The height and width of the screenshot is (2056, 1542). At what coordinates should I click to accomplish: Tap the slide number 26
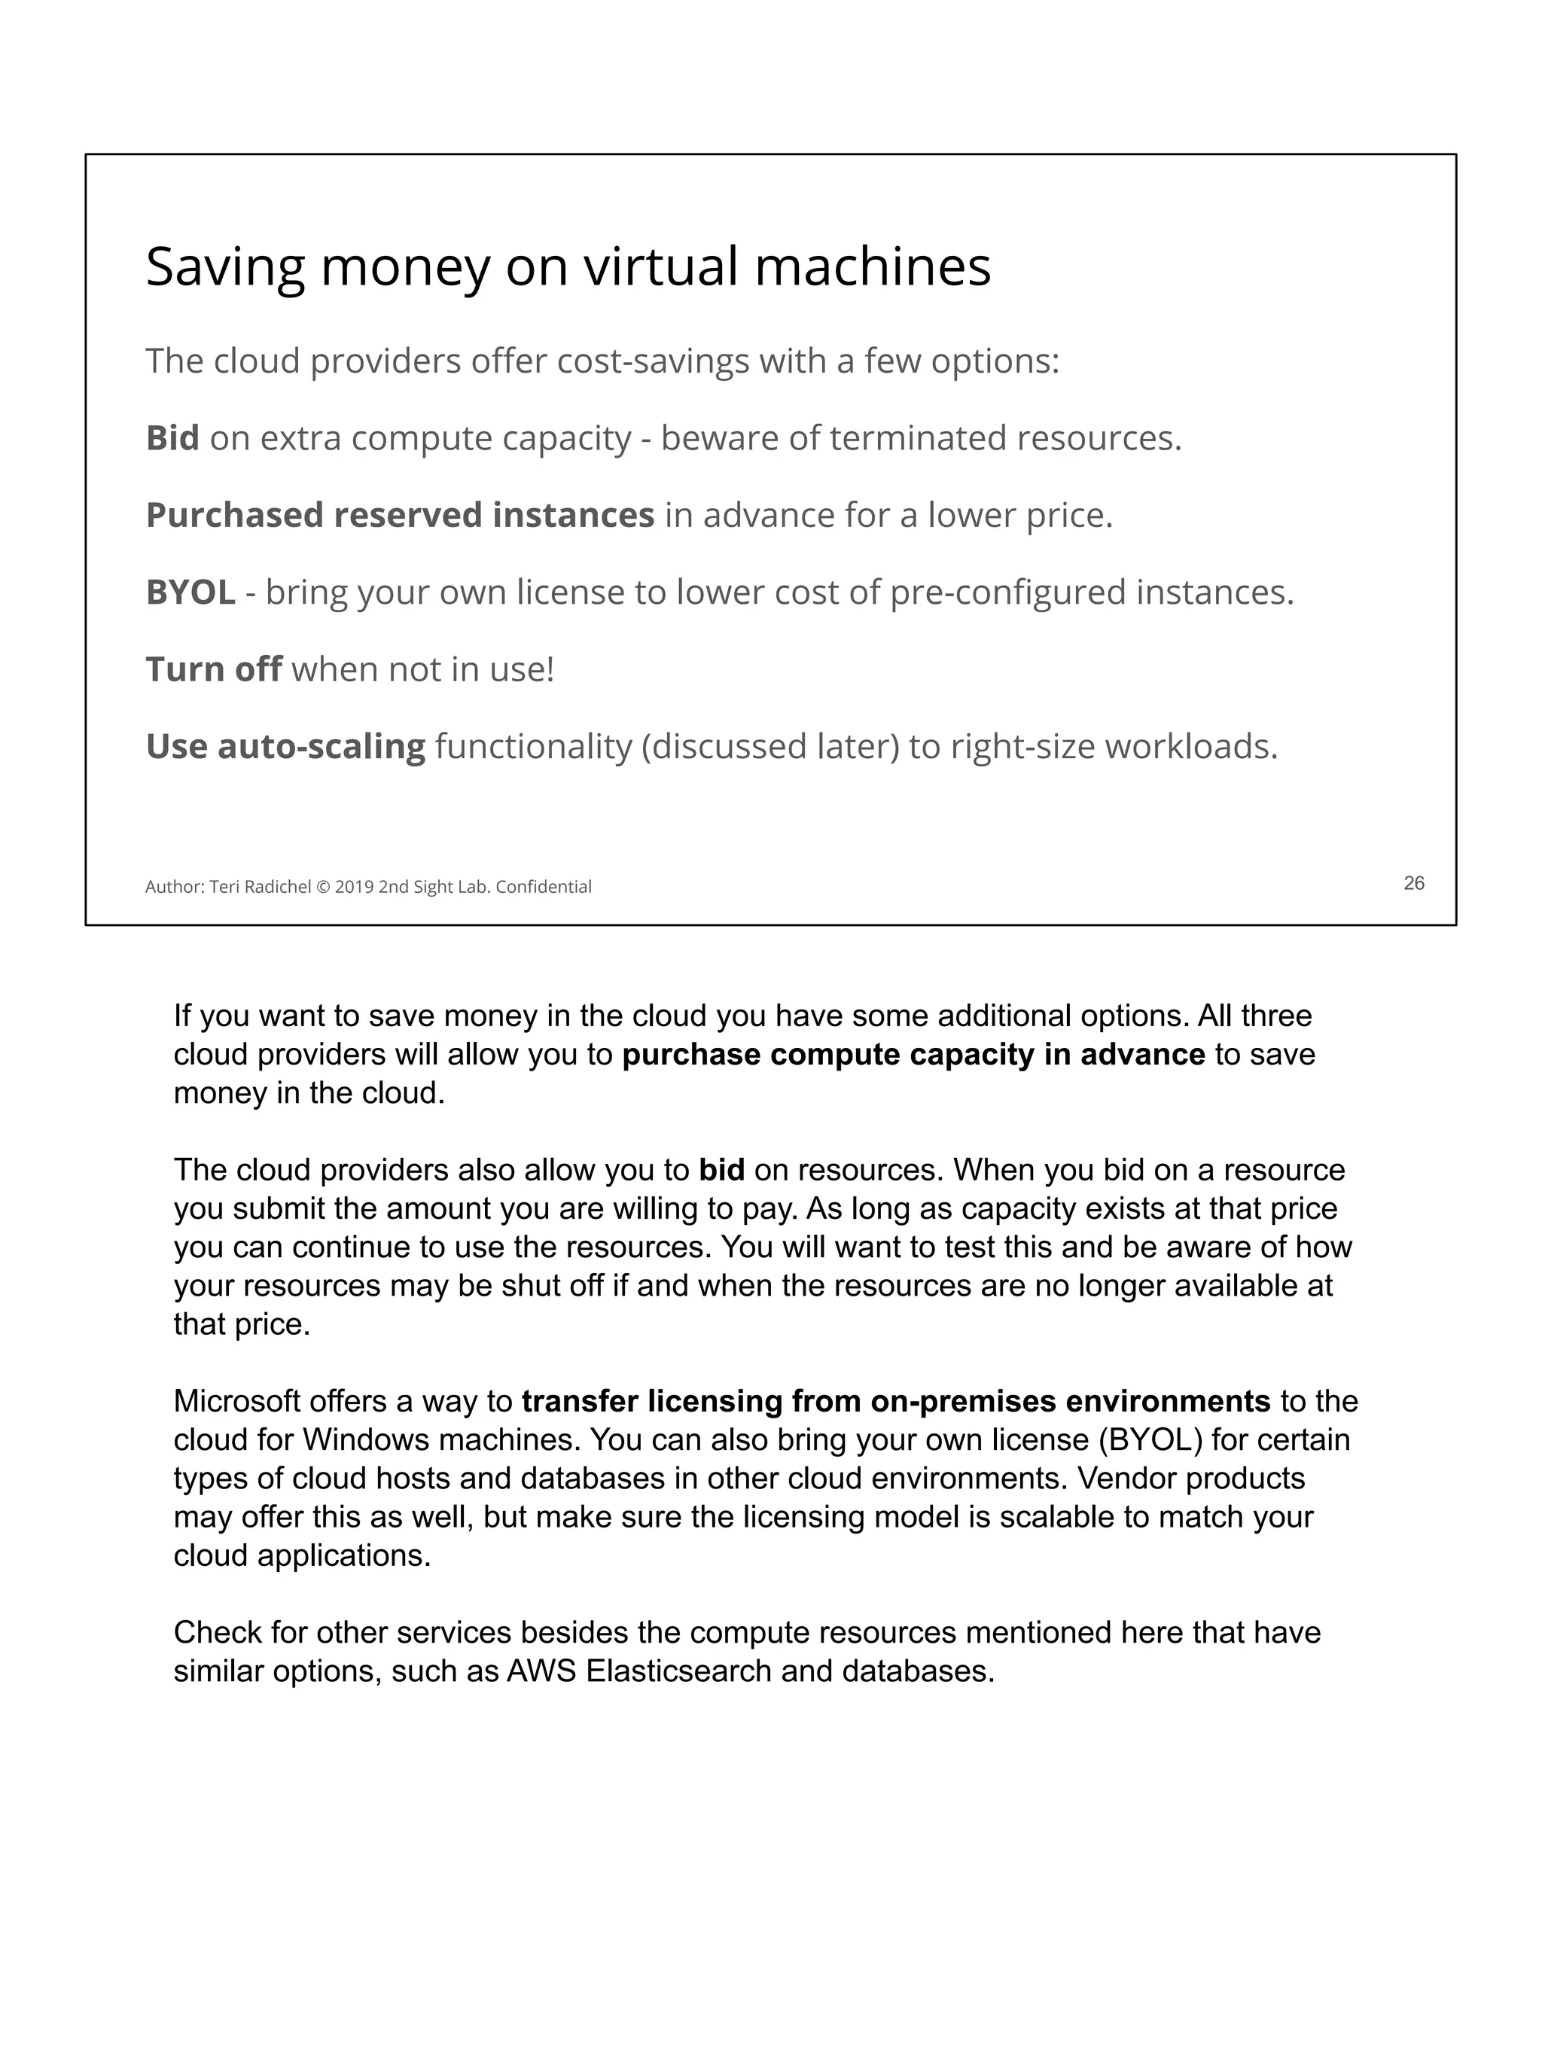[1412, 883]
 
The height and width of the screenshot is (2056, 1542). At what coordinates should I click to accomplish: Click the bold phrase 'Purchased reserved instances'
[400, 515]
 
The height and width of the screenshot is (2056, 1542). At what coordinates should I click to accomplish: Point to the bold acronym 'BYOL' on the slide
[190, 592]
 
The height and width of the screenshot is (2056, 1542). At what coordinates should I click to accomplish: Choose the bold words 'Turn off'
[213, 669]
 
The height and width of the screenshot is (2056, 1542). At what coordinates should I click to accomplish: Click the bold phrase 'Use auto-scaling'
[285, 746]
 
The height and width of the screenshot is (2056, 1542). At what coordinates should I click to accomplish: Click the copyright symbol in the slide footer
[322, 887]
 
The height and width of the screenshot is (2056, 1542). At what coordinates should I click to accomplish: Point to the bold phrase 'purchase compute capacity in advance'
[913, 1055]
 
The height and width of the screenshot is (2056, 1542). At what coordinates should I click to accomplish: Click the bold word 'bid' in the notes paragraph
[721, 1169]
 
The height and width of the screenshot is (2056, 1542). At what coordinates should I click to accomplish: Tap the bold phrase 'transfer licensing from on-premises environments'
[895, 1401]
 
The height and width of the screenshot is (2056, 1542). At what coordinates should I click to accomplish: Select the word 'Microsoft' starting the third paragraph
[237, 1401]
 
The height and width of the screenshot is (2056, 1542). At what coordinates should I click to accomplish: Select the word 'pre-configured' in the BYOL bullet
[1007, 592]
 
